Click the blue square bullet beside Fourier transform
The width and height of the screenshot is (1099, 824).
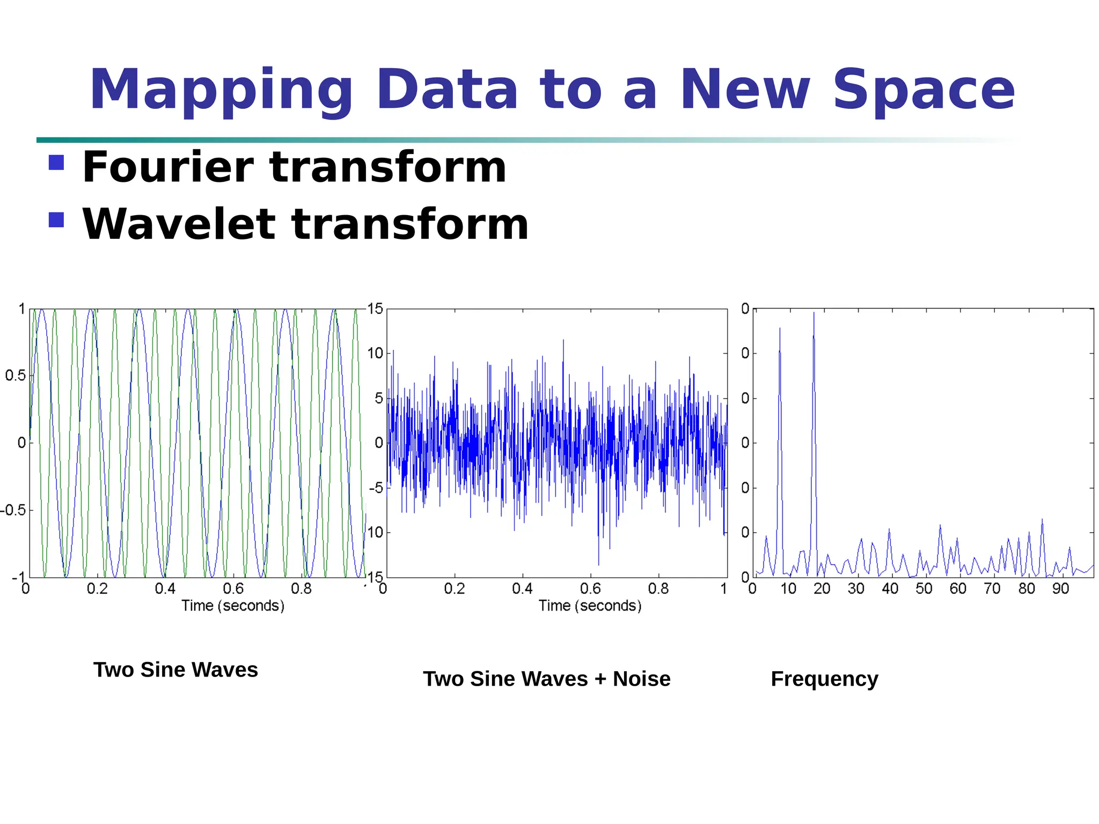click(x=56, y=162)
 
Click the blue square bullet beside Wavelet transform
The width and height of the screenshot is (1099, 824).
click(x=56, y=219)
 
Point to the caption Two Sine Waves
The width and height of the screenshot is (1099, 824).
click(x=175, y=670)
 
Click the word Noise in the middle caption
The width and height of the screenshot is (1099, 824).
click(x=641, y=679)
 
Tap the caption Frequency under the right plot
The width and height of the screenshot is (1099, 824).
click(x=824, y=679)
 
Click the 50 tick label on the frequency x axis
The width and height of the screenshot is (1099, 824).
click(x=924, y=589)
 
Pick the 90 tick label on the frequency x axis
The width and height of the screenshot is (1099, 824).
click(x=1060, y=589)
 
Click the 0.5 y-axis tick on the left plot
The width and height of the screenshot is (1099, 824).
click(x=15, y=376)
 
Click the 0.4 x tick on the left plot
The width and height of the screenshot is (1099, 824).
click(x=165, y=589)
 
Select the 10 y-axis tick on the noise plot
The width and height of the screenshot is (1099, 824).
click(x=375, y=354)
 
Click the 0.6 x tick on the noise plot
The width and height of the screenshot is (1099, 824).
click(x=590, y=589)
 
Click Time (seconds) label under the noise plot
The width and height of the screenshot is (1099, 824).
click(x=590, y=606)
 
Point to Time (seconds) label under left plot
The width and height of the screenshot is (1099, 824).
click(x=232, y=606)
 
